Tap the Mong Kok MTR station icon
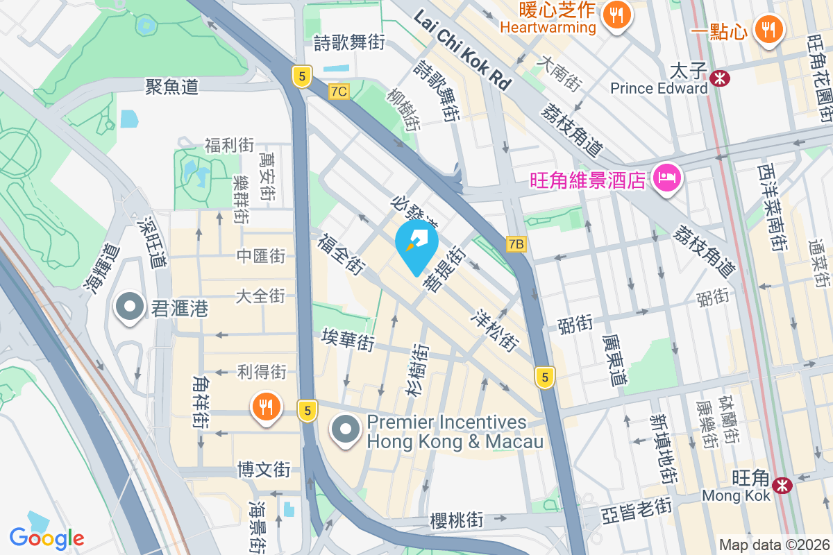pos(783,485)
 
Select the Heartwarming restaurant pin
pos(616,15)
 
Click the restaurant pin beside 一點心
pos(768,30)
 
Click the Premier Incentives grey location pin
pos(346,430)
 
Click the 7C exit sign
pos(339,91)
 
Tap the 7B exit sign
pos(516,244)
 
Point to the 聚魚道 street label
pos(172,87)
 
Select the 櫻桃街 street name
pos(456,520)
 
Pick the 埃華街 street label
pos(348,341)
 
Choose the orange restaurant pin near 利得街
pos(266,407)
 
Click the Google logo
pos(47,538)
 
